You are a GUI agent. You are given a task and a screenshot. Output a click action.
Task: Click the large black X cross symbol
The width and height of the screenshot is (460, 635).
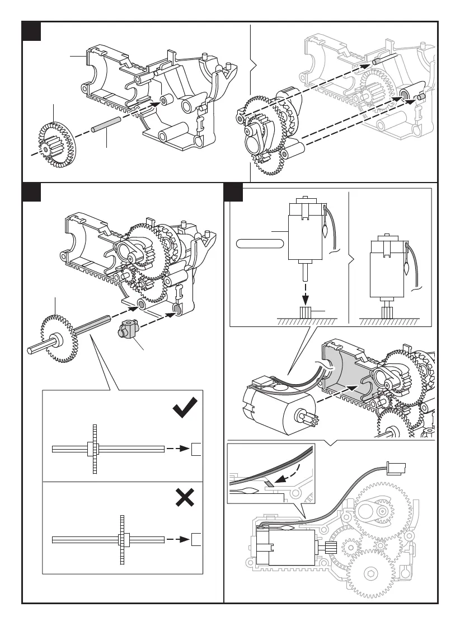pyautogui.click(x=185, y=497)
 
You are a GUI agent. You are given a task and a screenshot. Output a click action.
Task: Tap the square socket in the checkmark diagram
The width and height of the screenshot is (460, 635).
pyautogui.click(x=196, y=449)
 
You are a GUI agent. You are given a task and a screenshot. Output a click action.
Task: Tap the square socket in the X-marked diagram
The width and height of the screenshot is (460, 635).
pyautogui.click(x=196, y=540)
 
